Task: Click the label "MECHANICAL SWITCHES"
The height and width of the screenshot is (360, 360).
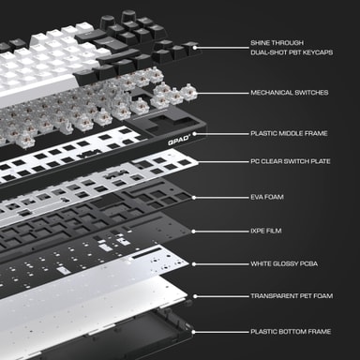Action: (290, 93)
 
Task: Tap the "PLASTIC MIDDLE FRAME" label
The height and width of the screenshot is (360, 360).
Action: (289, 133)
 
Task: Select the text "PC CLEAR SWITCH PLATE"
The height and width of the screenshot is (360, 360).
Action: (291, 161)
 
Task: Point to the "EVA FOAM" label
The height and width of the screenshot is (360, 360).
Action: (267, 197)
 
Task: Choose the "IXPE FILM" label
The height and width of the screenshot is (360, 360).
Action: (266, 231)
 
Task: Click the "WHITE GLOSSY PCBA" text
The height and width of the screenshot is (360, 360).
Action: (284, 263)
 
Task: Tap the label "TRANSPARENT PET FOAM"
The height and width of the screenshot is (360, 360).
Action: (292, 295)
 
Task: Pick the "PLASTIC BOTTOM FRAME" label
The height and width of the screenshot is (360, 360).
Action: (291, 332)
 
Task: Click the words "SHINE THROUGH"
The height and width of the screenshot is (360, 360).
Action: (277, 43)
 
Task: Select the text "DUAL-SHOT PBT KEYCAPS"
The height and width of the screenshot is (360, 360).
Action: (292, 52)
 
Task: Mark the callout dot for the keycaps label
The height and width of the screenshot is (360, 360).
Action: (195, 48)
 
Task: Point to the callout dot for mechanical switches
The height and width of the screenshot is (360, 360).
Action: (195, 93)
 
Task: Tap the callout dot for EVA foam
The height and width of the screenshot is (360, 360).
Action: (194, 198)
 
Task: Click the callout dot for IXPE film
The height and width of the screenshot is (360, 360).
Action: (193, 232)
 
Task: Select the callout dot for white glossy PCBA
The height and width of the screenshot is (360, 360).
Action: (194, 264)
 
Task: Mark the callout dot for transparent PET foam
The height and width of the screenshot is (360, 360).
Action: (195, 296)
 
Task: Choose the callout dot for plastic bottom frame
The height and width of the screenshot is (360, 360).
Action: (193, 332)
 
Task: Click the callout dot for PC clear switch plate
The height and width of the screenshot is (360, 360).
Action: (197, 162)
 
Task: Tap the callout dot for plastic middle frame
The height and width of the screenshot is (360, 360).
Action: (194, 134)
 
